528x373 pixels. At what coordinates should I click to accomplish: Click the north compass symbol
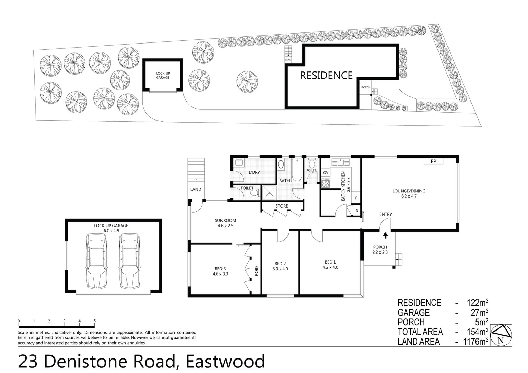[x=501, y=335]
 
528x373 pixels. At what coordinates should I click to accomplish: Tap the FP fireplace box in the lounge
[x=433, y=161]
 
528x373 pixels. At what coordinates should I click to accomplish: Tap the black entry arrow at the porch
[x=385, y=236]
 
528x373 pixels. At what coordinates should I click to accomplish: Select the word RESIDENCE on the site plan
[x=326, y=75]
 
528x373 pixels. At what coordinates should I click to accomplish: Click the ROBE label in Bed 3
[x=256, y=270]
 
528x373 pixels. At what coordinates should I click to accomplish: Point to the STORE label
[x=282, y=206]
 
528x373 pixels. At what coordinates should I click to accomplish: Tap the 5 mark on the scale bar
[x=95, y=321]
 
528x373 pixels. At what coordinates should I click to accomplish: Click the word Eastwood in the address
[x=225, y=361]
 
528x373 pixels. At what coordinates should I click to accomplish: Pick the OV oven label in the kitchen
[x=326, y=173]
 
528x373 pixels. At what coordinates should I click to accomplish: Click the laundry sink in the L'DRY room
[x=238, y=163]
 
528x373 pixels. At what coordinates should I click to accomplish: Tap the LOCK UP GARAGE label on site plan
[x=163, y=75]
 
